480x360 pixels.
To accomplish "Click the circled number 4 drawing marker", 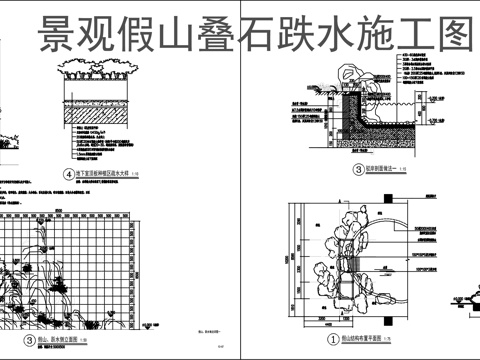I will pyautogui.click(x=68, y=174).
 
